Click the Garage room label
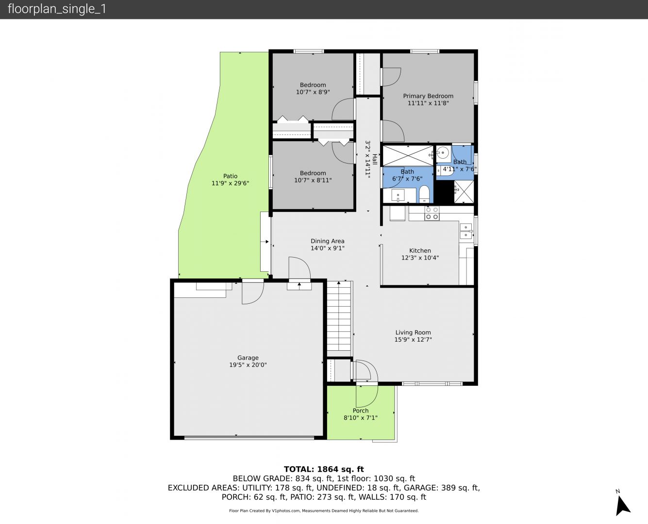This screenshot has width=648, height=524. [x=248, y=358]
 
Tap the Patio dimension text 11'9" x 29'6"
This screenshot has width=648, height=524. [x=230, y=183]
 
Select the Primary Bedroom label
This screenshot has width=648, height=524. [x=428, y=96]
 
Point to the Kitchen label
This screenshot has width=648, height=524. [x=420, y=250]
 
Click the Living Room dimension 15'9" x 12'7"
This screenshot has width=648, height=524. [x=413, y=340]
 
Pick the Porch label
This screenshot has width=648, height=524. [x=361, y=410]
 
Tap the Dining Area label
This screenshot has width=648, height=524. [x=327, y=241]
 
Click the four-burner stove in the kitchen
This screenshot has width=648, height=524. [x=432, y=213]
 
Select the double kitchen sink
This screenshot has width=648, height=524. [x=466, y=231]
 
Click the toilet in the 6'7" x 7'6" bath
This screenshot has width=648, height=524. [x=424, y=195]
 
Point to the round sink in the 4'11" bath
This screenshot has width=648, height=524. [x=443, y=152]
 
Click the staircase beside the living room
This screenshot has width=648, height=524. [x=339, y=316]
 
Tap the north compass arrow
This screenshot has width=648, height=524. [x=622, y=506]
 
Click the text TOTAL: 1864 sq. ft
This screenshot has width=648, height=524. [x=324, y=469]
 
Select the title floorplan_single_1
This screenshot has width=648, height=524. [x=57, y=9]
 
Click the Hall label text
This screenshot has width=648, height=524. [x=375, y=159]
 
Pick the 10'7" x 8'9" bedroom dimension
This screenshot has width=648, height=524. [x=313, y=92]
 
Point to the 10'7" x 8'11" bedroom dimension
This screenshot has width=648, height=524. [x=313, y=180]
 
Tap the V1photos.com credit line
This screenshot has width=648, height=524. [x=324, y=510]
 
